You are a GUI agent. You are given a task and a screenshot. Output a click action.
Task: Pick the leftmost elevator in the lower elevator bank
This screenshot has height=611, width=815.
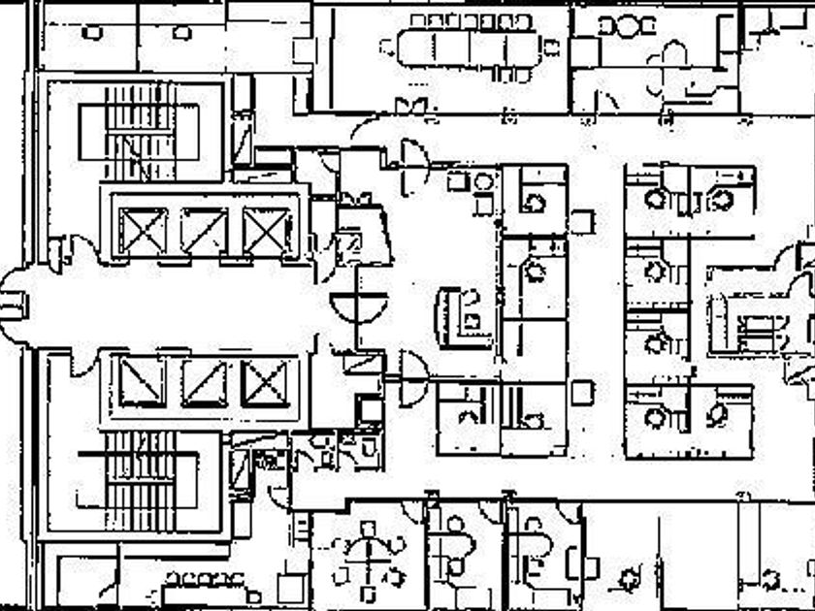[144, 382]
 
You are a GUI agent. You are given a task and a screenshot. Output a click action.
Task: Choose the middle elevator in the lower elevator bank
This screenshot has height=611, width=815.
[205, 382]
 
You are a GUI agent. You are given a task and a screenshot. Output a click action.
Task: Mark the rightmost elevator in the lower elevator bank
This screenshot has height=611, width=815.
[266, 382]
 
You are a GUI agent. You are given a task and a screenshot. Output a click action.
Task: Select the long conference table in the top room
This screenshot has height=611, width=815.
[466, 46]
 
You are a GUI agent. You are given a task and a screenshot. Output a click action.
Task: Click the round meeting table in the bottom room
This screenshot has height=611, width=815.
[368, 562]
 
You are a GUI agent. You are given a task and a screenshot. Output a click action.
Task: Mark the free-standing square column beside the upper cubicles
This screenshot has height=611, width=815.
[582, 222]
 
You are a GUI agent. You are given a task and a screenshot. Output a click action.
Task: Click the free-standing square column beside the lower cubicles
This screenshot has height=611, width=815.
[582, 392]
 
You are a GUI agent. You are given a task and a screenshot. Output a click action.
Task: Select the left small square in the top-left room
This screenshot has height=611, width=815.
[92, 33]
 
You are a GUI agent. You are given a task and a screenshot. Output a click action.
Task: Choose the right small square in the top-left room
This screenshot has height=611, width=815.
[181, 33]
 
